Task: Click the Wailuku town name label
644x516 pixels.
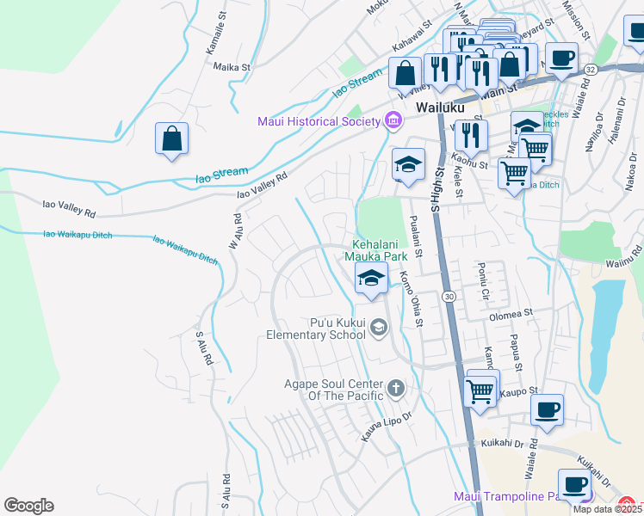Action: point(440,108)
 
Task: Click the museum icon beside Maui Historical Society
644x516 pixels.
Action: point(394,120)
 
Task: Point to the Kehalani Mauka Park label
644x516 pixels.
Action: point(375,249)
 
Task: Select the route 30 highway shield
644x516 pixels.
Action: point(449,296)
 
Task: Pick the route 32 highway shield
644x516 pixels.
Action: point(590,68)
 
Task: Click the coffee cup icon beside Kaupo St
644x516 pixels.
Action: point(547,409)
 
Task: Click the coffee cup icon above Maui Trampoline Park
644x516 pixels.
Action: point(574,483)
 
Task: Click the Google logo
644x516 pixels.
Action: point(28,506)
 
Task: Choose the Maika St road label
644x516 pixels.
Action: point(232,66)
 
